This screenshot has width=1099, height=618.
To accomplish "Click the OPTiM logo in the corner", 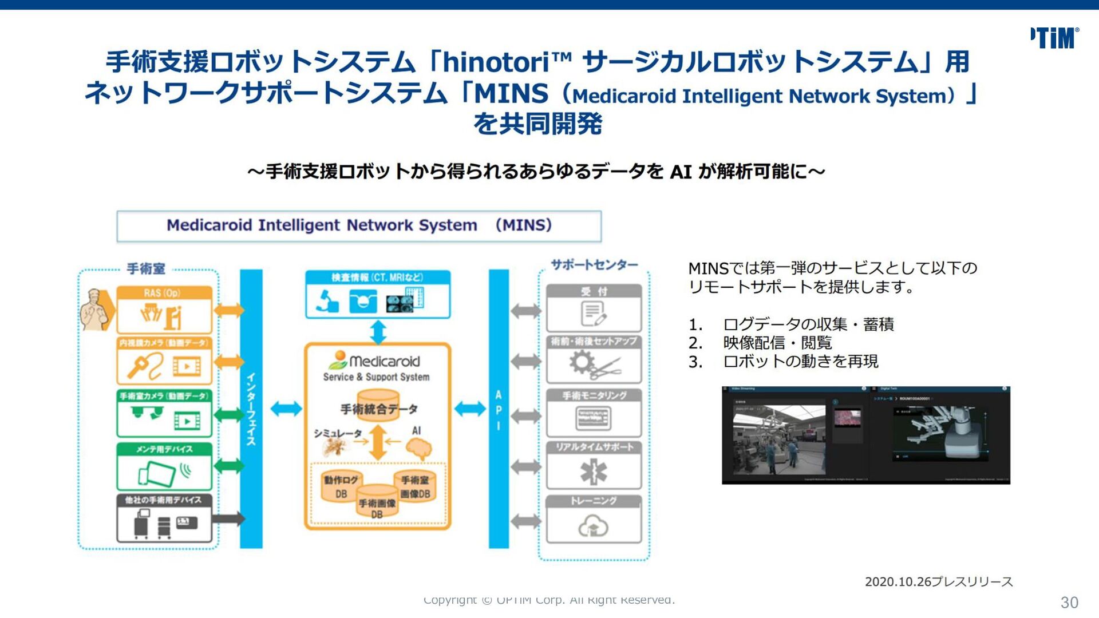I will coord(1054,38).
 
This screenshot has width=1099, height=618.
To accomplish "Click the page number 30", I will coord(1069,602).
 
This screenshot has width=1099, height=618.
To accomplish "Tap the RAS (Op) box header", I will coord(164,293).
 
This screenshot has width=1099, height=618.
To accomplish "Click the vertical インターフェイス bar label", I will coord(251,409).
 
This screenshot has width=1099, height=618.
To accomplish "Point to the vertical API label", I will coord(499,410).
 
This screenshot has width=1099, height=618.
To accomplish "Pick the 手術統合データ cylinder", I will coord(378,406).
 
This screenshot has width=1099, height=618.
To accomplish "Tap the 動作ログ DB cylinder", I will coord(341,486).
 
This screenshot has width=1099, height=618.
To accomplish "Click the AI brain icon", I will coord(419,449).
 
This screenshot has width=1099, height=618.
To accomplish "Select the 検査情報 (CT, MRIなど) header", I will coord(377,278).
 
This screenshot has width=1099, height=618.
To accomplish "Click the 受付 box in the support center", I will coord(594,308).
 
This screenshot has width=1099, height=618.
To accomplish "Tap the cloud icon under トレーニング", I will coord(594,526).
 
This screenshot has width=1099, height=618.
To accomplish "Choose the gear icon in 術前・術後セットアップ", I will coord(582,362).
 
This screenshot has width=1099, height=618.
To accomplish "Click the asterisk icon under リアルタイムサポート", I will coord(594,472).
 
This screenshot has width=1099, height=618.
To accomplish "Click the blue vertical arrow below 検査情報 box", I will coord(378,331).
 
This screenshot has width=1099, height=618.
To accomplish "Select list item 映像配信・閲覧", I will coord(777,343).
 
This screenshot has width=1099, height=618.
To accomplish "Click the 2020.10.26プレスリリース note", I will coord(939,582).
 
